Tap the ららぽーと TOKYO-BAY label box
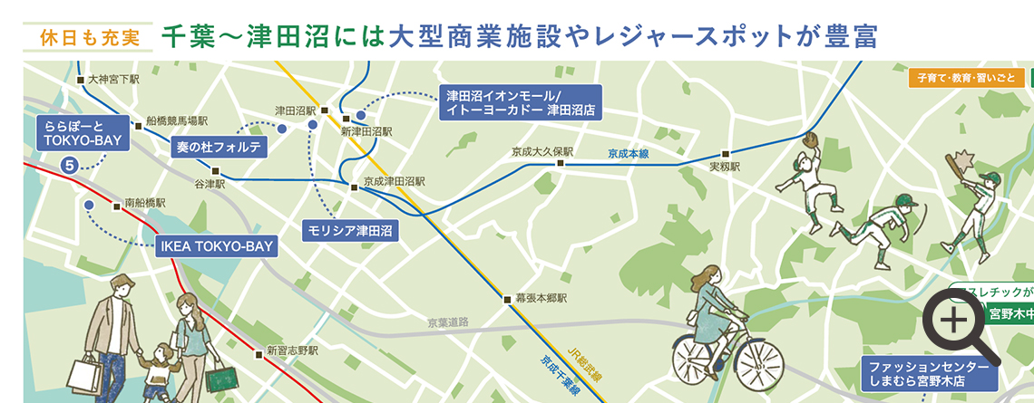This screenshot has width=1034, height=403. [x=82, y=133]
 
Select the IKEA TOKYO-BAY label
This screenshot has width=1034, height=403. [x=216, y=245]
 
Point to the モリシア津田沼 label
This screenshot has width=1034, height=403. [x=349, y=229]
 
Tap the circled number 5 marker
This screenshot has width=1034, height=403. [x=69, y=165]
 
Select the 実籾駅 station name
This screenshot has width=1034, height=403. [x=725, y=168]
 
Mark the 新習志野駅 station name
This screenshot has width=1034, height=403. [x=292, y=350]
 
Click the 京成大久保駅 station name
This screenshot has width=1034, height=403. [x=543, y=151]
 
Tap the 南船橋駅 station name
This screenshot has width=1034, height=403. [x=145, y=204]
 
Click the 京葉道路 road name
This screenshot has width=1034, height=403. [x=448, y=322]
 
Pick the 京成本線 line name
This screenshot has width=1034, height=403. [x=629, y=154]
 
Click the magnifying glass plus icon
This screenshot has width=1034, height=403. [x=955, y=321]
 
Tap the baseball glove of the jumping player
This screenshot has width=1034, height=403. [x=810, y=139]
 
